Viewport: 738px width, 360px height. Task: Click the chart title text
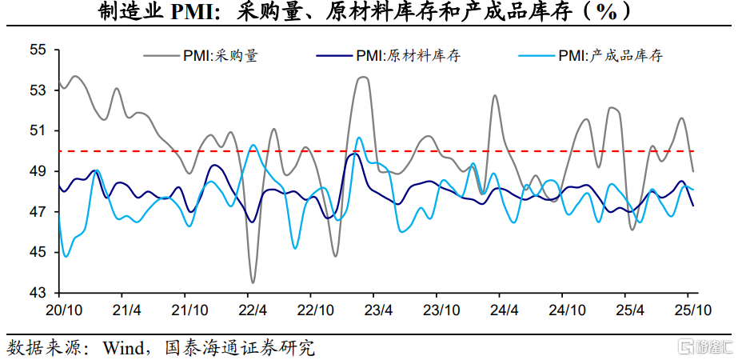click(x=369, y=11)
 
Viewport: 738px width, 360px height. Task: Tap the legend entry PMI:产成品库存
click(x=607, y=55)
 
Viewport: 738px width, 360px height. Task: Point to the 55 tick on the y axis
click(x=38, y=50)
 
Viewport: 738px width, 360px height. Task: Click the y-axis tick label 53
click(x=38, y=90)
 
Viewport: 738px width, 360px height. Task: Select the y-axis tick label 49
click(x=38, y=171)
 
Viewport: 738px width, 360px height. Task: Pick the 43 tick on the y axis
click(x=38, y=293)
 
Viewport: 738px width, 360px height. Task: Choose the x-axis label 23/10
click(x=441, y=310)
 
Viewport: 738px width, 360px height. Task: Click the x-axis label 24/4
click(x=504, y=310)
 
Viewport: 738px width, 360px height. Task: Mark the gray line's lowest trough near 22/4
click(x=253, y=282)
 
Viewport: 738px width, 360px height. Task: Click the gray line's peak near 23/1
click(x=362, y=78)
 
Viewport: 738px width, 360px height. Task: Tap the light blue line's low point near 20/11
click(x=66, y=256)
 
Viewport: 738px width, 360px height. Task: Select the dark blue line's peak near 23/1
click(x=354, y=154)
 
